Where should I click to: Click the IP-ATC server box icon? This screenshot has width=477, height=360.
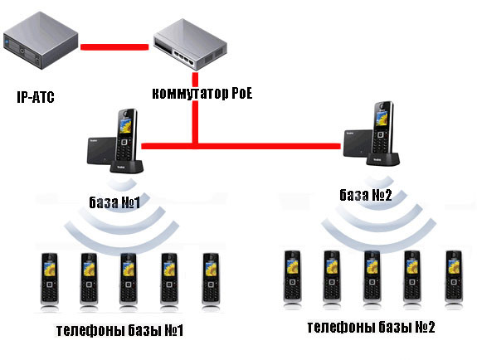[41, 41]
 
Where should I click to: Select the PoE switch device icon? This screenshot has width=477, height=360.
[190, 45]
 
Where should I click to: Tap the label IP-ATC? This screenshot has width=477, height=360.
[36, 97]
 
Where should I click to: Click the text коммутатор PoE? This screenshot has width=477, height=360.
[202, 94]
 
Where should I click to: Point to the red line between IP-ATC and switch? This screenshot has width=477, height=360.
[114, 46]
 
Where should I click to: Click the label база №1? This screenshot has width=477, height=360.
[114, 202]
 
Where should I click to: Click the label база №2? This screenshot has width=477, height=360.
[365, 195]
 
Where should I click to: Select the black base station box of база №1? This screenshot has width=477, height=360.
[101, 151]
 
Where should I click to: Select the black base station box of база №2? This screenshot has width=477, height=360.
[358, 144]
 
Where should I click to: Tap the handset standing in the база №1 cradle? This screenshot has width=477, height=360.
[126, 135]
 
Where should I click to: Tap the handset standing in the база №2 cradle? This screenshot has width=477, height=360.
[382, 128]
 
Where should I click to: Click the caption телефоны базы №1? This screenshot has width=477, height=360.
[119, 330]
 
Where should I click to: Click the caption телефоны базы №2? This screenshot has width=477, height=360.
[371, 327]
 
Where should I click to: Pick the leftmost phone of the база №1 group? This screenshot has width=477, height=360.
[50, 279]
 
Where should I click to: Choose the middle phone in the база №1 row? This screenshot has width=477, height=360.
[129, 279]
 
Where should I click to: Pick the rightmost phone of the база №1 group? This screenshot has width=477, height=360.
[211, 279]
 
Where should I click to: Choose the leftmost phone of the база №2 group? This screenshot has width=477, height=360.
[292, 276]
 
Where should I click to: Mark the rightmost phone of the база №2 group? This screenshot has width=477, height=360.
[454, 276]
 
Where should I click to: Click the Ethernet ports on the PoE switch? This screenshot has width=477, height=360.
[183, 57]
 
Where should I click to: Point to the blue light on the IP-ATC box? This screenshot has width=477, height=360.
[7, 41]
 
